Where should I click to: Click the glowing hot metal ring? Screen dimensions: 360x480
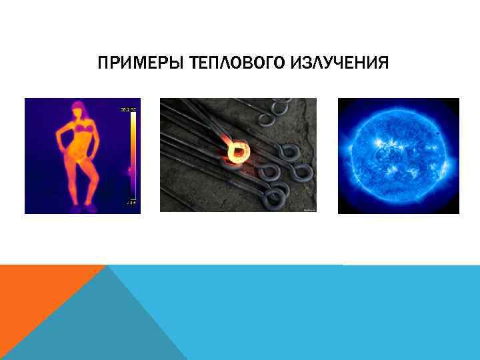click(x=236, y=153)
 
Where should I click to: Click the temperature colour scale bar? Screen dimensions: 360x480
click(x=133, y=154)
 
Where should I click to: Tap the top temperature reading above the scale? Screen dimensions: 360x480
click(x=128, y=109)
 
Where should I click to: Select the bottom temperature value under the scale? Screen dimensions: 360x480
click(x=132, y=201)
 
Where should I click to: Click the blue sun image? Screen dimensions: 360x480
click(x=399, y=155)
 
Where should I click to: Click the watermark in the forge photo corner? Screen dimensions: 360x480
click(x=309, y=209)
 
